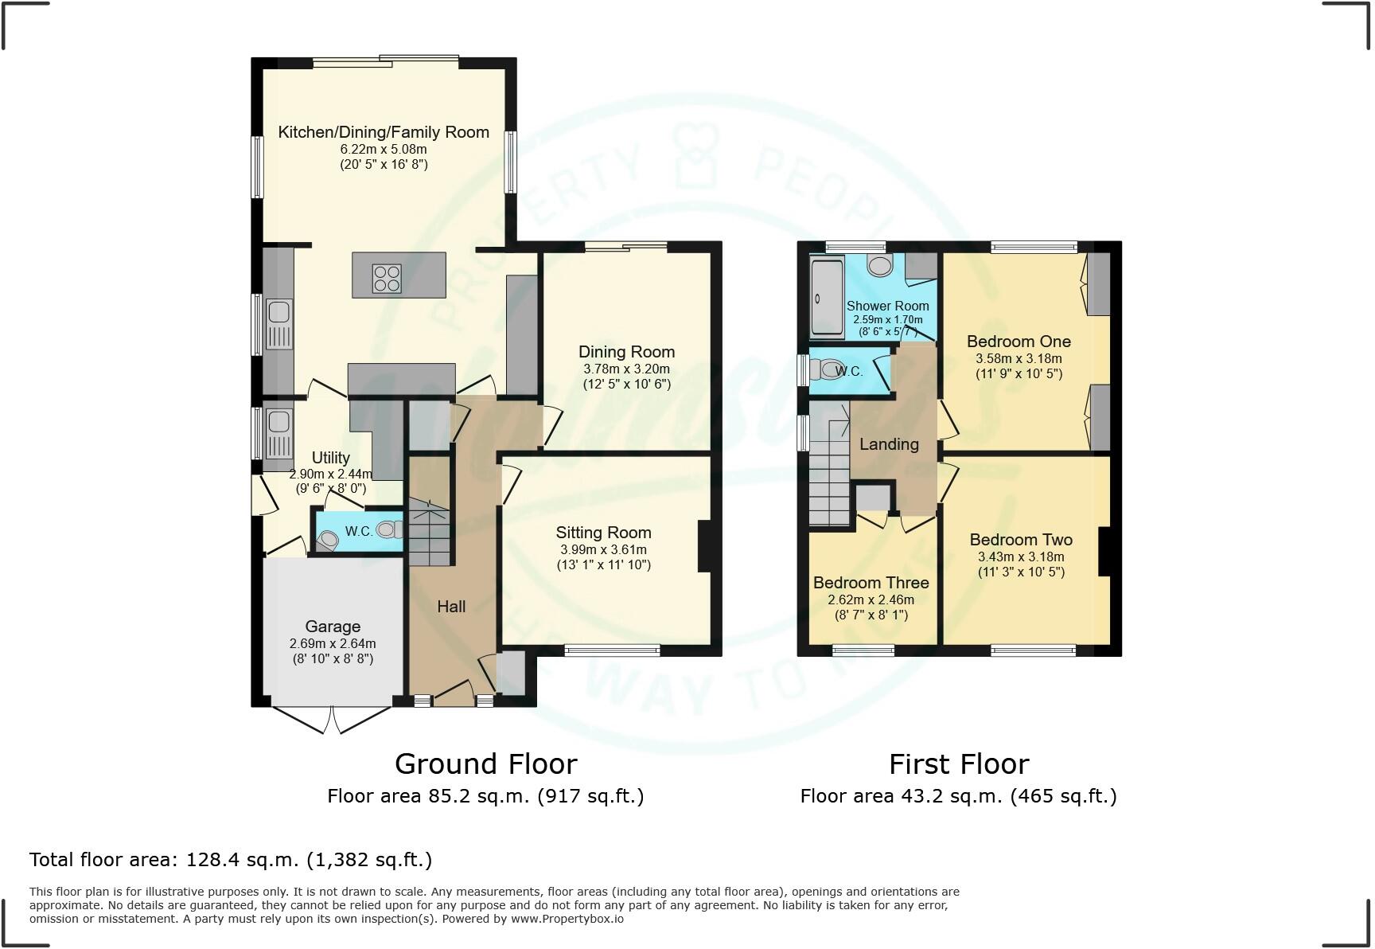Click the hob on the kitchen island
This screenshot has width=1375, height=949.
387,278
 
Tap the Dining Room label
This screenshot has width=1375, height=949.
626,352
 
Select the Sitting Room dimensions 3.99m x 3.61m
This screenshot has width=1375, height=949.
603,549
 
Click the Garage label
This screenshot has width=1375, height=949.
333,627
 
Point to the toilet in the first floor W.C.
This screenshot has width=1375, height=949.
831,369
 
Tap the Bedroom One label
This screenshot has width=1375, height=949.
1019,342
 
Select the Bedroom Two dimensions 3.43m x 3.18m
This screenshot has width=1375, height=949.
1021,557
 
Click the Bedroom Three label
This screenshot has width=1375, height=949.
871,583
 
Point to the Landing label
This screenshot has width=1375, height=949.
889,444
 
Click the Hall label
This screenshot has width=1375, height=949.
451,607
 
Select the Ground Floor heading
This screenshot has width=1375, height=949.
485,764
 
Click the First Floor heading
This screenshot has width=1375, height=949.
958,764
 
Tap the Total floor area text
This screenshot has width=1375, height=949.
231,860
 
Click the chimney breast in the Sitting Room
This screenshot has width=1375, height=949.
703,546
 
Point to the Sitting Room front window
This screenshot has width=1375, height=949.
612,650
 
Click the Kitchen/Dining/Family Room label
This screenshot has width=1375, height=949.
384,132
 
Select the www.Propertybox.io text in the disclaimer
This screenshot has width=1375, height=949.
567,919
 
